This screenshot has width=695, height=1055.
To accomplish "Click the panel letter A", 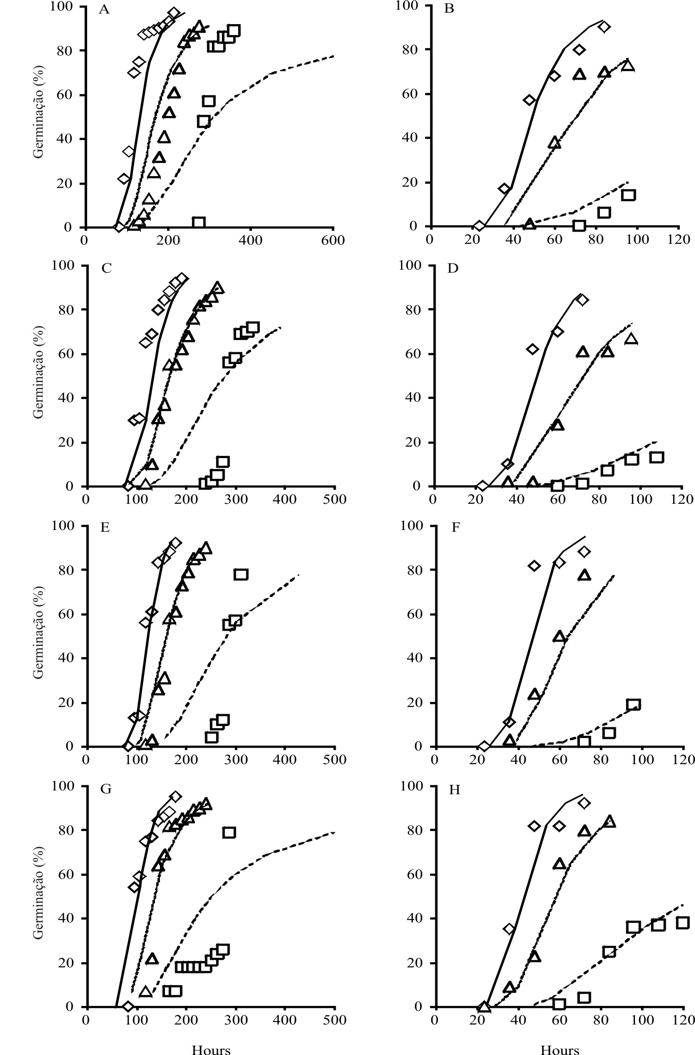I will pyautogui.click(x=104, y=9).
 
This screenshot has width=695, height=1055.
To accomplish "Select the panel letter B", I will pyautogui.click(x=449, y=9).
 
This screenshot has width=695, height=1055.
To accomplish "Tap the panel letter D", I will pyautogui.click(x=453, y=268).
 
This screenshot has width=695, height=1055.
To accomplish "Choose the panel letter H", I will pyautogui.click(x=454, y=790).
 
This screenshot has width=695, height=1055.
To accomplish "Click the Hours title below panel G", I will pyautogui.click(x=211, y=1049).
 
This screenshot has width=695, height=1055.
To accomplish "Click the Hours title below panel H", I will pyautogui.click(x=559, y=1049).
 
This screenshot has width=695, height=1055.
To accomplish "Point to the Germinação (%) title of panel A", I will pyautogui.click(x=38, y=112).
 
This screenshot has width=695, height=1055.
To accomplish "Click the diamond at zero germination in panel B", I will pyautogui.click(x=479, y=226).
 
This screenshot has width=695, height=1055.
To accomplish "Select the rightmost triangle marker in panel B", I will pyautogui.click(x=628, y=66).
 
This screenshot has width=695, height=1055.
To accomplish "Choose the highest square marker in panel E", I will pyautogui.click(x=241, y=574).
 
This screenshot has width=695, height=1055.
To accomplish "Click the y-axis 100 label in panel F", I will pyautogui.click(x=412, y=526).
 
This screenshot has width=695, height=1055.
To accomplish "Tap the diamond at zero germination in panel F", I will pyautogui.click(x=484, y=746).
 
